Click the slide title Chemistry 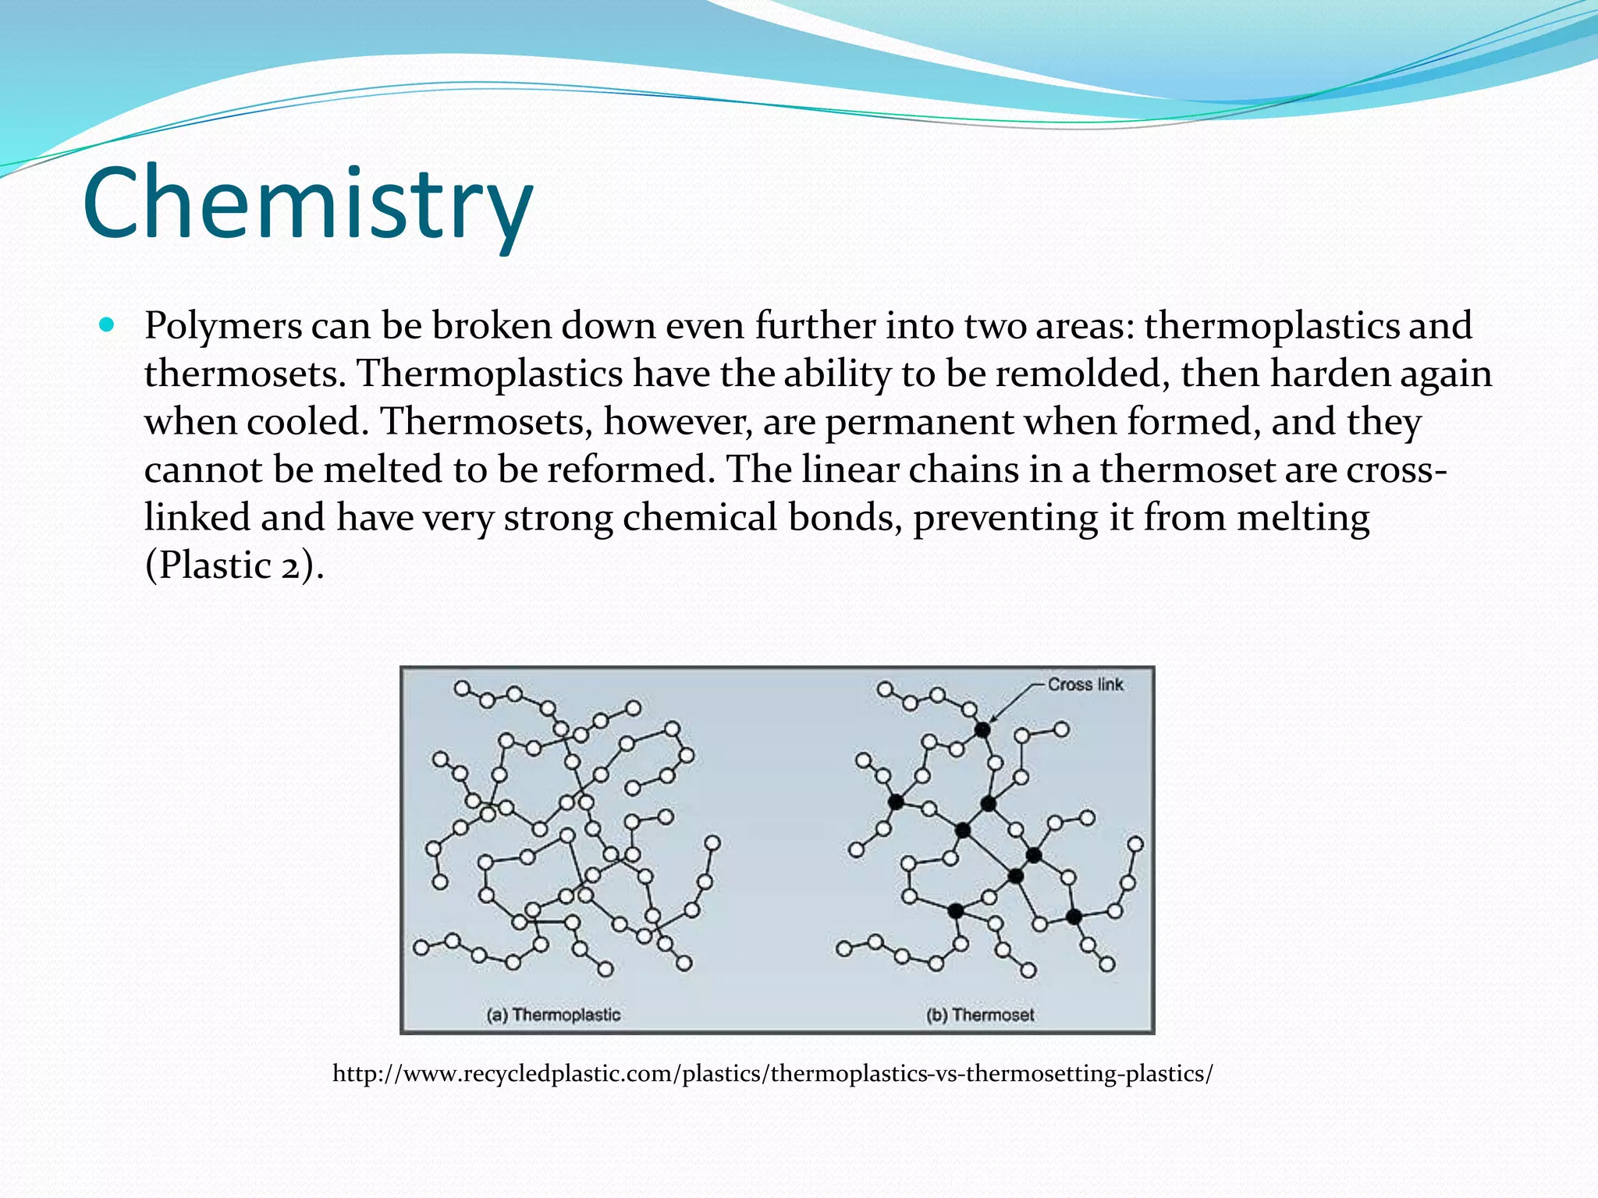coord(307,204)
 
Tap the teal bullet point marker coord(108,324)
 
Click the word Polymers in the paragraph coord(223,326)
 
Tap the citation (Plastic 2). coord(234,565)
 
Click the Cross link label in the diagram coord(1085,685)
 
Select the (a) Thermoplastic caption coord(553,1015)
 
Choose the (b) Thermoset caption coord(979,1015)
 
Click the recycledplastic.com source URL coord(772,1074)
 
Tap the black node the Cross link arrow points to coord(982,730)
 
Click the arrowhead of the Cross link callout coord(993,718)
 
